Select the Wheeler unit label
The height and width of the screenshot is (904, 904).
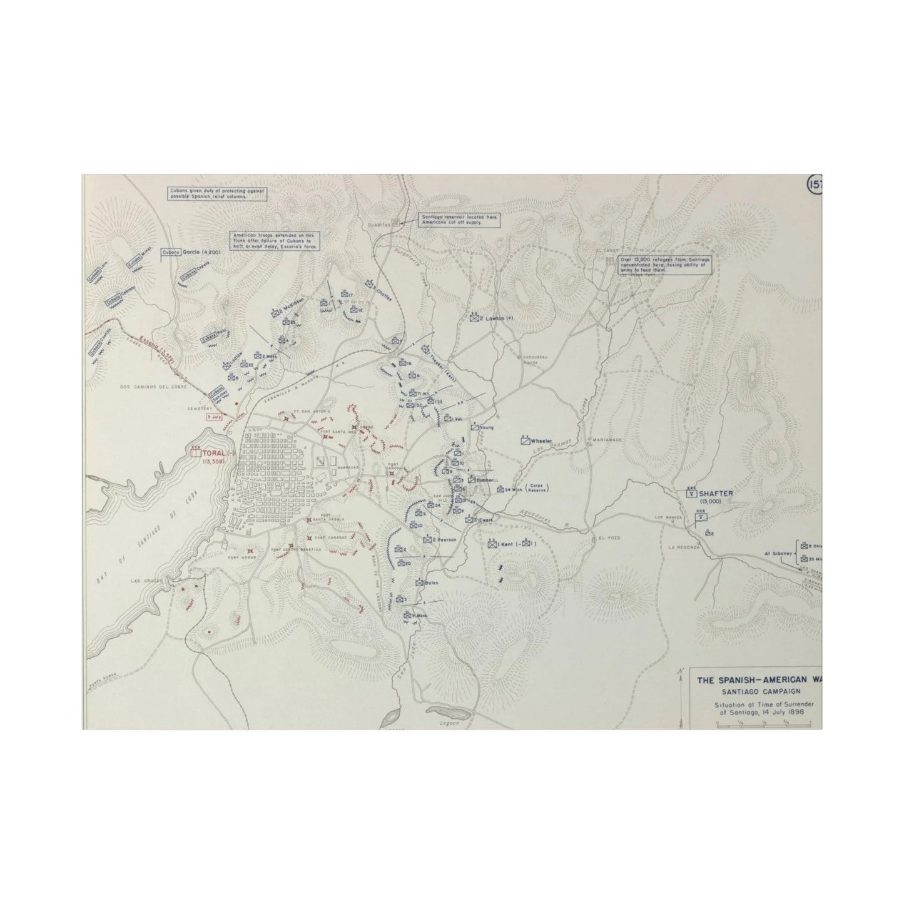pyautogui.click(x=542, y=440)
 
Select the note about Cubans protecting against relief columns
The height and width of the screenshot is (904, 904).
pyautogui.click(x=216, y=193)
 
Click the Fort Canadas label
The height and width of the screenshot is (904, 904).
pyautogui.click(x=331, y=538)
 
